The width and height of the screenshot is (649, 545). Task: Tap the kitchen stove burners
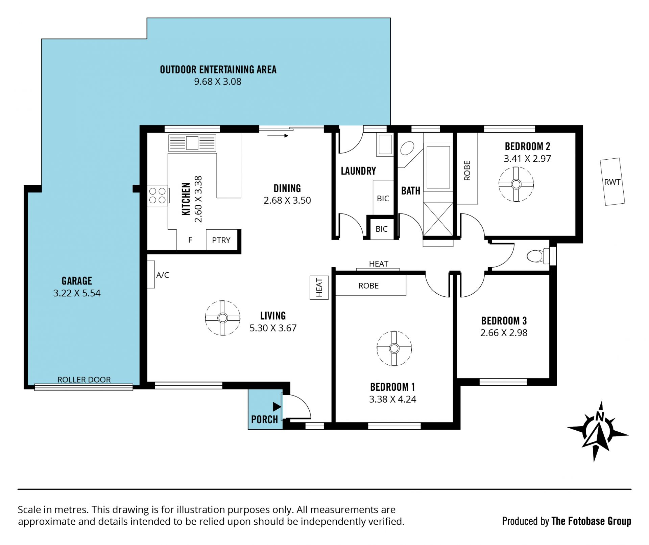[158, 196]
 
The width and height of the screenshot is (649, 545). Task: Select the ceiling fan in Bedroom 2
[516, 184]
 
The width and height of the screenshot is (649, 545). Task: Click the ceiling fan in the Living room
[222, 318]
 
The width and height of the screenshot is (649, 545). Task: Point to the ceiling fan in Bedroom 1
[394, 348]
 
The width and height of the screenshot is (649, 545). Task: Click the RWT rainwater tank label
[612, 182]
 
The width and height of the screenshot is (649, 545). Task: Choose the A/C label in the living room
[163, 275]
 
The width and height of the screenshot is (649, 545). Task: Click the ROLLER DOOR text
[84, 380]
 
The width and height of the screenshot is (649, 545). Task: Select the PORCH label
[264, 419]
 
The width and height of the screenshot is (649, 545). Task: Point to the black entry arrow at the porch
[277, 407]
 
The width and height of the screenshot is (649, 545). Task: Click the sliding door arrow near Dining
[278, 136]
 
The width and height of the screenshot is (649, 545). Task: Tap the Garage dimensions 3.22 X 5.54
[77, 293]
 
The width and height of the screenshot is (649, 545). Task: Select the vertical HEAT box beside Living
[319, 288]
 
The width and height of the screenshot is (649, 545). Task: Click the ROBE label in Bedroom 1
[368, 286]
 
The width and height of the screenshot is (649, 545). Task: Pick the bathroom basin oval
[407, 149]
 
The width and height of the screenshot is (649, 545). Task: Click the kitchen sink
[192, 143]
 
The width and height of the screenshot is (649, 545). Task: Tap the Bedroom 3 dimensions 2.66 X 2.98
[504, 333]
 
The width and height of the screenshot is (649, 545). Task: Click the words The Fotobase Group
[591, 521]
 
